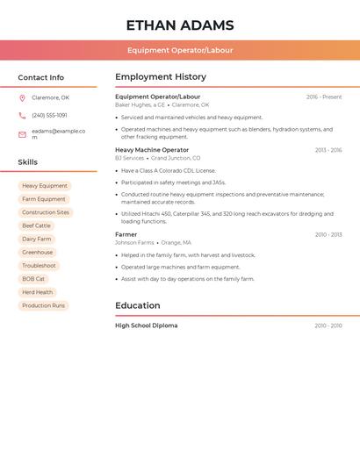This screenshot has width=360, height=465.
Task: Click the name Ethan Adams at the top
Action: (179, 25)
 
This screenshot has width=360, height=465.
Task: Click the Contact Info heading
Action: (40, 77)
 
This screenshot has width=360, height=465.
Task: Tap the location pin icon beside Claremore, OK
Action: (22, 98)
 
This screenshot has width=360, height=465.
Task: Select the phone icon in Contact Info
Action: (22, 116)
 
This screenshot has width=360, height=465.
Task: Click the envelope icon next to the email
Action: (22, 134)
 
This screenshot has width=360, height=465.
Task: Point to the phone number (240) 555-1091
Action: (49, 116)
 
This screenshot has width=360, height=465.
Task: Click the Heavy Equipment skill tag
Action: (45, 186)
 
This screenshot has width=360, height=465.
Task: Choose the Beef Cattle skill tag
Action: (36, 225)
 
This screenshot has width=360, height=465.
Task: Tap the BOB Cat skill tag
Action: (33, 279)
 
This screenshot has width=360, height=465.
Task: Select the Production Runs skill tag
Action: (43, 305)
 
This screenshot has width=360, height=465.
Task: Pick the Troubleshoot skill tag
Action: (39, 266)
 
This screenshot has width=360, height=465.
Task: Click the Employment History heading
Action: (161, 77)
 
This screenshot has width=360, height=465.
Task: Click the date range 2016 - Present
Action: (324, 97)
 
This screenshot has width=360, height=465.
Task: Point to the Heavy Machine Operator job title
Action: (152, 150)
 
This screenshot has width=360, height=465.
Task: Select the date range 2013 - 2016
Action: (328, 150)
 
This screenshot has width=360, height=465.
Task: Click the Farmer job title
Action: (126, 234)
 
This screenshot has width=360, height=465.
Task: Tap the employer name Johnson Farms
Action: (133, 243)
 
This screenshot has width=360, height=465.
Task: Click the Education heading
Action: (138, 305)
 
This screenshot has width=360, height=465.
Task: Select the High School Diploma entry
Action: (147, 325)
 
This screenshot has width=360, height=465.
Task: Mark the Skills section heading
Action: (28, 162)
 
